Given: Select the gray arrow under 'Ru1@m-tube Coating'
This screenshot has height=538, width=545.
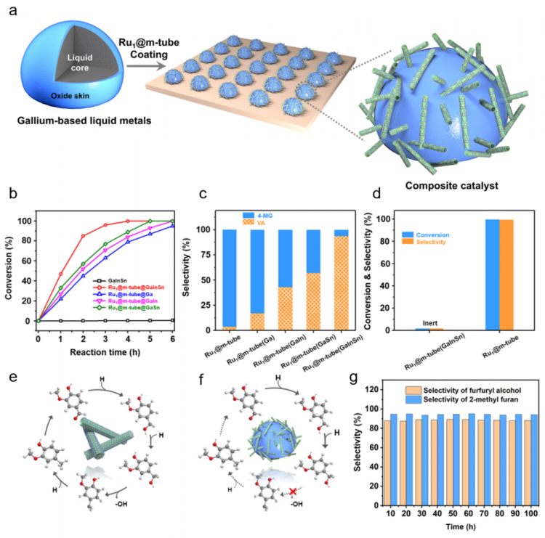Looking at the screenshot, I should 139,67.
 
